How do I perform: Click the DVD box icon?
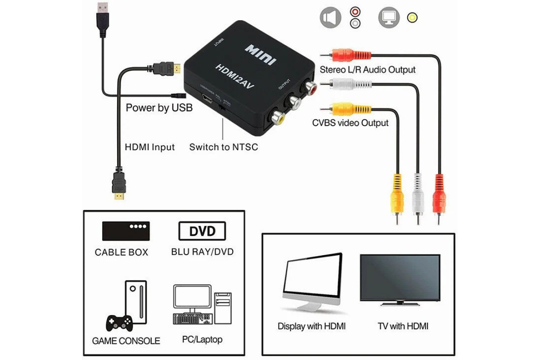pos(202,232)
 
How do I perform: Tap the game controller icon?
pos(119,322)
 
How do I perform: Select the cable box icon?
pos(126,231)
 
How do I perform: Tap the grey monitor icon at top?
pos(389,18)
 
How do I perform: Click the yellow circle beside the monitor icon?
pos(412,18)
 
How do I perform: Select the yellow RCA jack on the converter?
pos(276,118)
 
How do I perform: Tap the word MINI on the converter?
pos(261,54)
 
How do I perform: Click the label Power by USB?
pos(159,108)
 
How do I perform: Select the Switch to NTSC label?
pos(224,147)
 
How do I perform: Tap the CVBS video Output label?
pos(350,123)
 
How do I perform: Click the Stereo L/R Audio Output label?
pos(368,70)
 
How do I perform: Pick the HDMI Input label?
pos(149,147)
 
